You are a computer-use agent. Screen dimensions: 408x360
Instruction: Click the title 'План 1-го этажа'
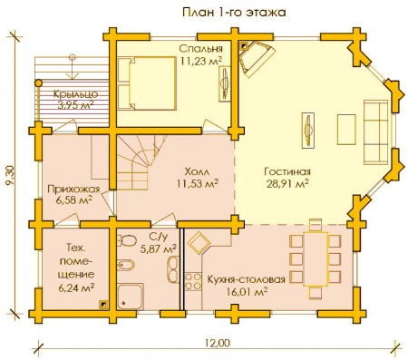(x=234, y=13)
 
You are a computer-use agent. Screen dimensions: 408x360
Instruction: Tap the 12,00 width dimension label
(x=218, y=344)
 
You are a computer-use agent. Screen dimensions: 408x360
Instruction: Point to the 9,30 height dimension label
(x=13, y=175)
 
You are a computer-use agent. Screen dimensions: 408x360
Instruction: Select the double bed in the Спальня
(x=147, y=83)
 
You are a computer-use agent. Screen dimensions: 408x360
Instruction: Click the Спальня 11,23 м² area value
(x=201, y=62)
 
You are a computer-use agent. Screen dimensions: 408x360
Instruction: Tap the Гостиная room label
(x=287, y=171)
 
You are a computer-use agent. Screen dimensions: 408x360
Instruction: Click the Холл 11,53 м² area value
(x=198, y=183)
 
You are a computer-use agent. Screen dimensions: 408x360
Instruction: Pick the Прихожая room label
(x=73, y=190)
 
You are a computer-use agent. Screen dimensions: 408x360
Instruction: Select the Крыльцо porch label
(x=76, y=94)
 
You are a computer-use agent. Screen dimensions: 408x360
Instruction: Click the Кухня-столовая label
(x=246, y=279)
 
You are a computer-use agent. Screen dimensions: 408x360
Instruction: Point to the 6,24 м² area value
(x=75, y=287)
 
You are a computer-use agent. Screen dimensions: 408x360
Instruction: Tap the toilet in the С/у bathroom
(x=126, y=240)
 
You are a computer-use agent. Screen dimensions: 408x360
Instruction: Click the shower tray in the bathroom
(x=131, y=297)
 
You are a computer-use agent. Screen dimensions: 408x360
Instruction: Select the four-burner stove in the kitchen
(x=193, y=281)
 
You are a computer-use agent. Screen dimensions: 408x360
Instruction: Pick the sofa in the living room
(x=376, y=132)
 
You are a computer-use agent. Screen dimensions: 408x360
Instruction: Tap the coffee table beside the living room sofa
(x=346, y=130)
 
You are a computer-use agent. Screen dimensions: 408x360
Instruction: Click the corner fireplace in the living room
(x=255, y=58)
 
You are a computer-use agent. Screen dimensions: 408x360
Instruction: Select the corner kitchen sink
(x=198, y=242)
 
